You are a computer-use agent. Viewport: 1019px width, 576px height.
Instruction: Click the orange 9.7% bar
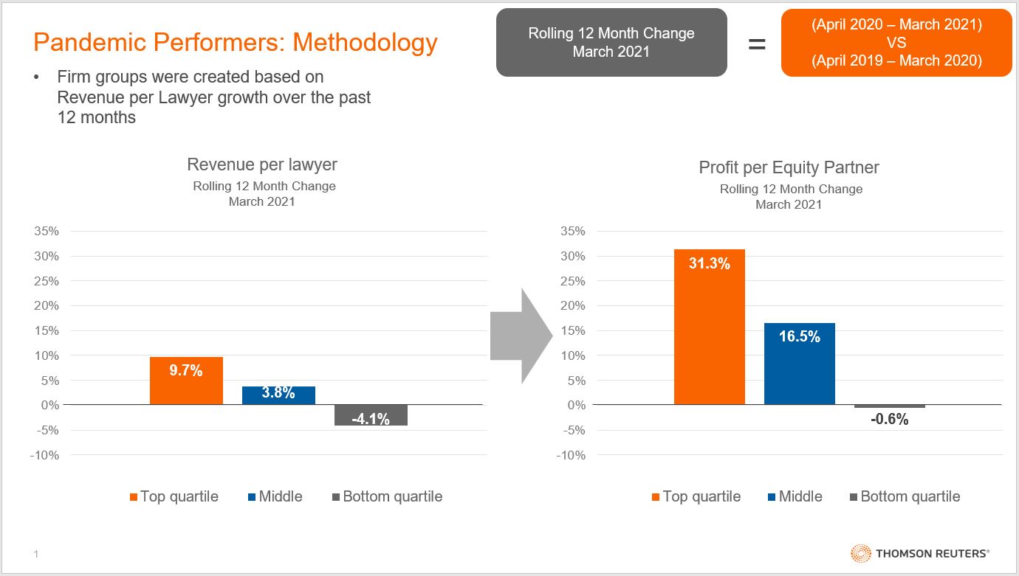[x=186, y=381]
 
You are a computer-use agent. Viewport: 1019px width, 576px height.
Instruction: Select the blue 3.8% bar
[x=278, y=395]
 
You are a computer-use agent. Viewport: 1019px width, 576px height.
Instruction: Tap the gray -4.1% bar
[x=371, y=415]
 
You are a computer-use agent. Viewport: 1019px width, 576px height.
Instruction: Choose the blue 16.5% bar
[x=800, y=364]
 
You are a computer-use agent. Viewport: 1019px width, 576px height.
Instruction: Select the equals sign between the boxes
[x=757, y=44]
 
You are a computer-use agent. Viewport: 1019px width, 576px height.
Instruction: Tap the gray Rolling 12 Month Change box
[x=611, y=43]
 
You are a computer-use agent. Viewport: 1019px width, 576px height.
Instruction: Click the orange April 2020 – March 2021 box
[x=896, y=43]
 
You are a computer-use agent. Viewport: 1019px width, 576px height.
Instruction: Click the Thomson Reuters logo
[x=920, y=553]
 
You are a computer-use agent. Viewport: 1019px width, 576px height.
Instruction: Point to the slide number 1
[x=35, y=553]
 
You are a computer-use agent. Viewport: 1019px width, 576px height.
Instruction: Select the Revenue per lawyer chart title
[x=262, y=164]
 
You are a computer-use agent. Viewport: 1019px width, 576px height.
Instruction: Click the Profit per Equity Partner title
[x=789, y=167]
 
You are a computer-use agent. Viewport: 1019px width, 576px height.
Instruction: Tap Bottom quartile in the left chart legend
[x=392, y=496]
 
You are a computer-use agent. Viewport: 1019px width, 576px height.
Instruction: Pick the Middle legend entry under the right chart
[x=800, y=496]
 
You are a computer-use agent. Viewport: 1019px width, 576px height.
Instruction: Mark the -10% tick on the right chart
[x=570, y=455]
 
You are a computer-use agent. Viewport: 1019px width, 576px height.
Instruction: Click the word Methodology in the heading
[x=366, y=43]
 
